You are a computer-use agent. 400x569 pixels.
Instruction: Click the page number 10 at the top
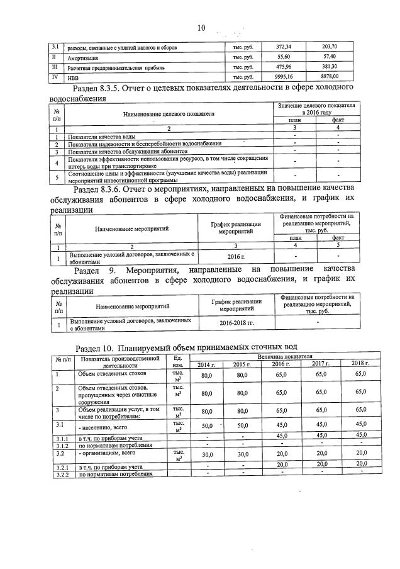pyautogui.click(x=201, y=28)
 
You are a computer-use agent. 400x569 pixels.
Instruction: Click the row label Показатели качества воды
pyautogui.click(x=102, y=137)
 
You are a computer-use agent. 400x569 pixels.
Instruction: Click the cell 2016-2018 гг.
pyautogui.click(x=236, y=322)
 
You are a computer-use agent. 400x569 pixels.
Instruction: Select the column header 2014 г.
pyautogui.click(x=206, y=364)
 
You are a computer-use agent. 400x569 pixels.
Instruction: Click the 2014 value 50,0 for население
pyautogui.click(x=206, y=426)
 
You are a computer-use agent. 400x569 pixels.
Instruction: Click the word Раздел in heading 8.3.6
pyautogui.click(x=87, y=188)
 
